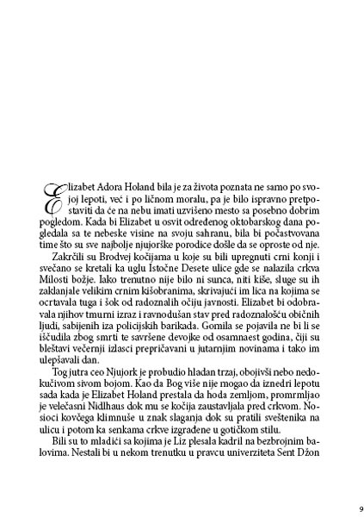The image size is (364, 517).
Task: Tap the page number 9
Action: pos(349,495)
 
